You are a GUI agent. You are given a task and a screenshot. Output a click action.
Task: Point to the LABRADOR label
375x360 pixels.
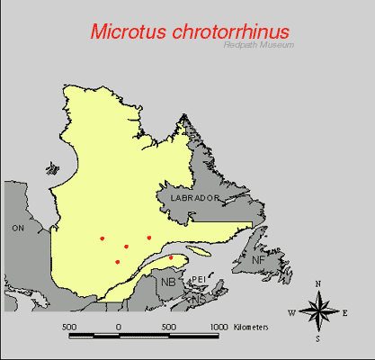pyautogui.click(x=189, y=197)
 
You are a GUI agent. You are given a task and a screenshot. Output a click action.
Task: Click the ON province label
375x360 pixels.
pyautogui.click(x=17, y=229)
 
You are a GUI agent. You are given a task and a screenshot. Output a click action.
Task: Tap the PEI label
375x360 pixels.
pyautogui.click(x=199, y=280)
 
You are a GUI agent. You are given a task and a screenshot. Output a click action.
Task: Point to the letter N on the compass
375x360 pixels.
pyautogui.click(x=318, y=284)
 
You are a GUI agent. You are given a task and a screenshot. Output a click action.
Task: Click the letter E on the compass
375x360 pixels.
pyautogui.click(x=345, y=313)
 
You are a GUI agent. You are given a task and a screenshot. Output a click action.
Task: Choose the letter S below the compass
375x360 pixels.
pyautogui.click(x=317, y=340)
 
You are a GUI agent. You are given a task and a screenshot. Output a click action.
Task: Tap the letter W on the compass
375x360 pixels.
pyautogui.click(x=291, y=313)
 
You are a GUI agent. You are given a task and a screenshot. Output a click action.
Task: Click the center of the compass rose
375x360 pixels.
pyautogui.click(x=318, y=312)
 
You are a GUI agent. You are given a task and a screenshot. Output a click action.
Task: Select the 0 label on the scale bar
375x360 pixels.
pyautogui.click(x=119, y=327)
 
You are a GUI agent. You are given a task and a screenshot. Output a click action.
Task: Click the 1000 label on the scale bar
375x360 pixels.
pyautogui.click(x=219, y=327)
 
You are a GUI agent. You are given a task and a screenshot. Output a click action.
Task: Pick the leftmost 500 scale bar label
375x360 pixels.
pyautogui.click(x=68, y=327)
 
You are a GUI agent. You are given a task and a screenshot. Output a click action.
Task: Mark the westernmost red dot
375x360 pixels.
pyautogui.click(x=103, y=238)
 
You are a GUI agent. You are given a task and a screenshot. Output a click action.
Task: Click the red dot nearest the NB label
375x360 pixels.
pyautogui.click(x=171, y=257)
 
